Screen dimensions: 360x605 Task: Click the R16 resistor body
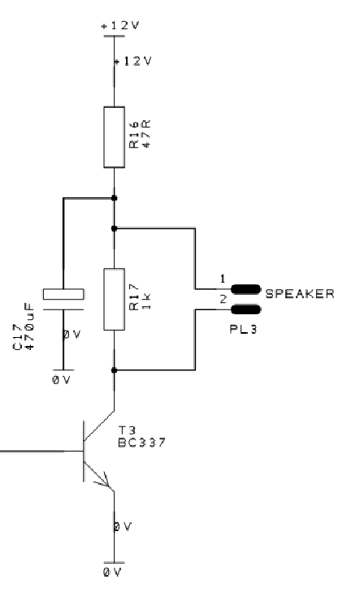115,137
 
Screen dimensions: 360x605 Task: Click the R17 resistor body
115,299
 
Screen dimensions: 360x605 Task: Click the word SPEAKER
300,294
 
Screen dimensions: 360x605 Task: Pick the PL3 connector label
243,329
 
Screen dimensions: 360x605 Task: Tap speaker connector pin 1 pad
245,289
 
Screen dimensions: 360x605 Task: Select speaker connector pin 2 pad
245,309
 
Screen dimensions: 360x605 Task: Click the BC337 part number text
141,442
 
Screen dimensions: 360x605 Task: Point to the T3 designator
126,430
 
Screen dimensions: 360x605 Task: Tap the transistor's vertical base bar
84,451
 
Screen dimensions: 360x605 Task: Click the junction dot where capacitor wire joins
114,198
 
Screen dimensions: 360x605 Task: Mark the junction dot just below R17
114,370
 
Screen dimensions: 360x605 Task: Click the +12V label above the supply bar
120,25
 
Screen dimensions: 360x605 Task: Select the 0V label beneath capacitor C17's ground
62,380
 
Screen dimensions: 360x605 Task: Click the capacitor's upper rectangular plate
63,294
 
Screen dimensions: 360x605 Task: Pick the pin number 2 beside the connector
223,299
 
